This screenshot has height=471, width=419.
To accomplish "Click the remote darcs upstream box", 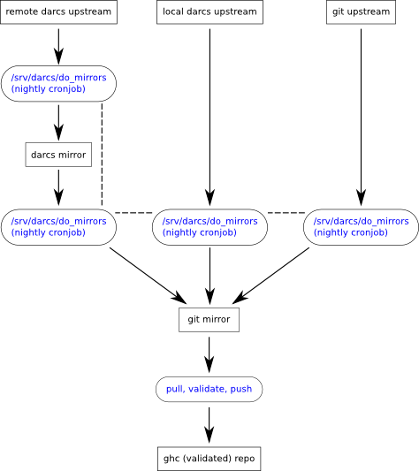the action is [58, 12].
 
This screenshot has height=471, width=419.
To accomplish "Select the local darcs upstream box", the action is [209, 12].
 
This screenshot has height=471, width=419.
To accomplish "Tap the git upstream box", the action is [361, 12].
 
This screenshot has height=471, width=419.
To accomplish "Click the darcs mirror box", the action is [58, 155].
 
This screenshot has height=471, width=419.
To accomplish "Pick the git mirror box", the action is [209, 320].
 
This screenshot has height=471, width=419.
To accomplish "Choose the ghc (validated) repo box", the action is [209, 459].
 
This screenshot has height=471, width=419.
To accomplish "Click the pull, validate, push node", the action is [209, 389].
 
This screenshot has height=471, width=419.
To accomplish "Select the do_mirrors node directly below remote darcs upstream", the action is [58, 83].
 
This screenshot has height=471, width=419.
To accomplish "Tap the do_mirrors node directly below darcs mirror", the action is [58, 227].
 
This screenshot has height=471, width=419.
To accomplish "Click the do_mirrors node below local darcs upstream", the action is [209, 227].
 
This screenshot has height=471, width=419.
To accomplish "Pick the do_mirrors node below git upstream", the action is [361, 227].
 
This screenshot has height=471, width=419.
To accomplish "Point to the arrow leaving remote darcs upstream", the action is [58, 47].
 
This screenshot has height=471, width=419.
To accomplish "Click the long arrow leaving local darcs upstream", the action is [209, 118].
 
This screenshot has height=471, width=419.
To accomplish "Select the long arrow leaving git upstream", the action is [361, 118].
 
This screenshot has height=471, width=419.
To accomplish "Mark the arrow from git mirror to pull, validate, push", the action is [209, 354].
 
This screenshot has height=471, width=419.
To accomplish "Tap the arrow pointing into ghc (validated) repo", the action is [209, 425].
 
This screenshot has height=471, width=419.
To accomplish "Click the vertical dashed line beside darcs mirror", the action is [102, 154].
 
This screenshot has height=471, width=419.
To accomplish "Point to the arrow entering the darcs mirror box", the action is [58, 123].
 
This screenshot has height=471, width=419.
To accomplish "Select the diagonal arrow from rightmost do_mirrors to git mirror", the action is [270, 276].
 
